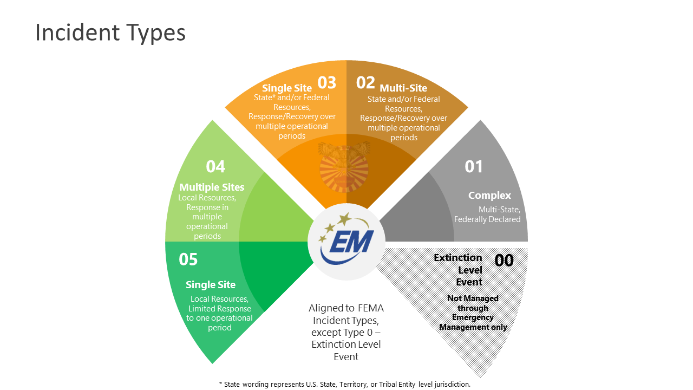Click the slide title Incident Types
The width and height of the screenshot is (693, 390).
coord(110,32)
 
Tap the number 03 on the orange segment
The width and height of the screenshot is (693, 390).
coord(326,83)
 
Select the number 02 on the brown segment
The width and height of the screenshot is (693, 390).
coord(365,83)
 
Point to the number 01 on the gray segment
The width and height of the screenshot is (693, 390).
coord(474,167)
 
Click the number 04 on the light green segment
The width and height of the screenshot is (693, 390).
coord(215,167)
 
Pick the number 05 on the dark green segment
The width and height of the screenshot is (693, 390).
coord(188,259)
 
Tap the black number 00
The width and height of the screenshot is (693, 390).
coord(504,261)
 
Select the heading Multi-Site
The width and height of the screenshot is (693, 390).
coord(403,88)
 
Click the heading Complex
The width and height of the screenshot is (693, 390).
coord(489,196)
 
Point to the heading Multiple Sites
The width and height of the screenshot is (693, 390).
coord(212,187)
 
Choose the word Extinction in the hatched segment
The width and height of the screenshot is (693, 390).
coord(457,258)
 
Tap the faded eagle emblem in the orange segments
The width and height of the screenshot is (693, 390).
coord(344,165)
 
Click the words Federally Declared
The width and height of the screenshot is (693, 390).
coord(487,219)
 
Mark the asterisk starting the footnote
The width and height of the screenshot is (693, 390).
coord(221,384)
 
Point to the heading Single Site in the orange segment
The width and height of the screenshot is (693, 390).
coord(287,88)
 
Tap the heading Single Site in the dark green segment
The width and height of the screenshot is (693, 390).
coord(211,285)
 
